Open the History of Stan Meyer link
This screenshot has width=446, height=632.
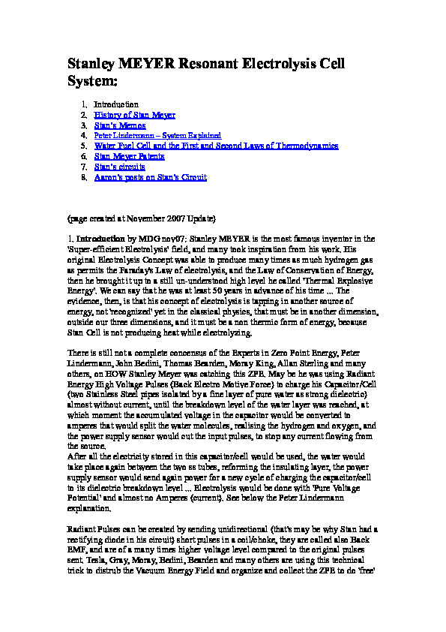pos(134,115)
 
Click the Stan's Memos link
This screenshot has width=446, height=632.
pos(119,125)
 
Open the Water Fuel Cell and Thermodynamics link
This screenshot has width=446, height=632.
pos(216,146)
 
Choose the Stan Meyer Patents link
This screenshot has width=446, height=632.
pos(129,156)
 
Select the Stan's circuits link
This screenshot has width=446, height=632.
pos(119,167)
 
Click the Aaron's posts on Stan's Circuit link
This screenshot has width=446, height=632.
pos(150,177)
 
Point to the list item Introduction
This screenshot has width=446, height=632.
pos(116,104)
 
